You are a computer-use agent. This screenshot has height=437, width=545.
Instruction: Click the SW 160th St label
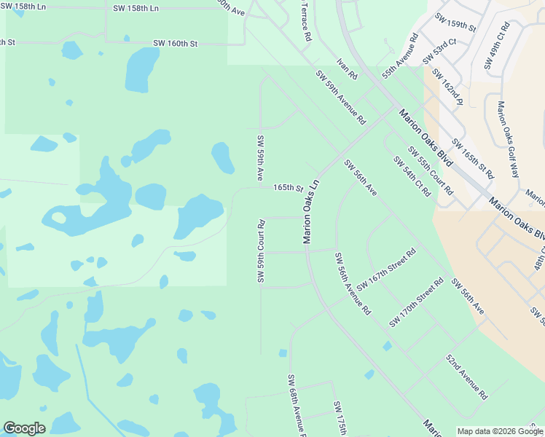tap(175, 44)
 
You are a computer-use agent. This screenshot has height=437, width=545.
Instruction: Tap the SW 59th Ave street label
tap(259, 157)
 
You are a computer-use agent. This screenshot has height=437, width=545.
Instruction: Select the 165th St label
tap(288, 188)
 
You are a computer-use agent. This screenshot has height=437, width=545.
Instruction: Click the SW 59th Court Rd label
tap(260, 251)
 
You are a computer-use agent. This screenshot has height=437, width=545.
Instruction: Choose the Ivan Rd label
tap(348, 70)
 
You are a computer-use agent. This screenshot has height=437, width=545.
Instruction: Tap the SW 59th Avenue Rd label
tap(340, 97)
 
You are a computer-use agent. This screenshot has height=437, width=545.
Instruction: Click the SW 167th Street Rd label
tap(386, 269)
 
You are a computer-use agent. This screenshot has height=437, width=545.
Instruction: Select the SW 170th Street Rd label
tap(416, 302)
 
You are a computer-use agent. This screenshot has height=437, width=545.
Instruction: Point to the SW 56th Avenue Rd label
tap(353, 283)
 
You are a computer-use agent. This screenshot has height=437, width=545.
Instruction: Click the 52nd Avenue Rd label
tap(466, 378)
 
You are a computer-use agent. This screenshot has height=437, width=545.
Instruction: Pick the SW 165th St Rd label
tap(473, 160)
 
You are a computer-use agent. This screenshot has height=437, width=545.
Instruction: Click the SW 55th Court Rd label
tap(431, 171)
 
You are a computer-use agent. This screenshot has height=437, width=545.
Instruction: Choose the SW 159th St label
tap(455, 23)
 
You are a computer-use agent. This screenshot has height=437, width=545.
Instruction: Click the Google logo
tap(24, 428)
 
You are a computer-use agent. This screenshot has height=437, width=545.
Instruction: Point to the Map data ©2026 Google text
tap(498, 431)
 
